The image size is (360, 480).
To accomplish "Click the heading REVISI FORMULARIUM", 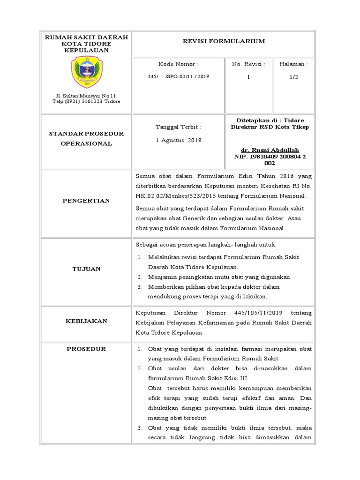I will [x=224, y=41].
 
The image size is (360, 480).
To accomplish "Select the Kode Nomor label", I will [x=178, y=64].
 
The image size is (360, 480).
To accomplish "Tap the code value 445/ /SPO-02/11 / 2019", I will [x=178, y=76].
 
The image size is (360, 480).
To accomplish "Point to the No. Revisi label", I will [x=248, y=64].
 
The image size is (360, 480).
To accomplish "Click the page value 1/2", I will [x=293, y=76].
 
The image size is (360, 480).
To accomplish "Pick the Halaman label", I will [x=293, y=64].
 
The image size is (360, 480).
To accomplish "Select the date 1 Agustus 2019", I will [x=178, y=140].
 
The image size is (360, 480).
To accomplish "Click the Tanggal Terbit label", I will [x=178, y=127].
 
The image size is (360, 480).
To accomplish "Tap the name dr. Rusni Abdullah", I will [x=270, y=150].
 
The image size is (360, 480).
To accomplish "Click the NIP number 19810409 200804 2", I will [x=270, y=157].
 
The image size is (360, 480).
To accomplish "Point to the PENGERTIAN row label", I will [x=87, y=201].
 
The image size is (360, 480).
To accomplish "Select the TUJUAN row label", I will [x=87, y=269].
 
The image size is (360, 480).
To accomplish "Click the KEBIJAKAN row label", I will [x=87, y=321].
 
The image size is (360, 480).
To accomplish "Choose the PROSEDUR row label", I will [x=87, y=349].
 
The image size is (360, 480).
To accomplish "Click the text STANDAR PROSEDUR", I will [x=87, y=134].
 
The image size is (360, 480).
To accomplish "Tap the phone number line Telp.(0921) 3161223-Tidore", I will [x=86, y=101].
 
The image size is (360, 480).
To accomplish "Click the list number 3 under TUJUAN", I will [x=139, y=287].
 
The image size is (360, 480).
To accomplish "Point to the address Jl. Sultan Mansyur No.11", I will [x=86, y=96].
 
